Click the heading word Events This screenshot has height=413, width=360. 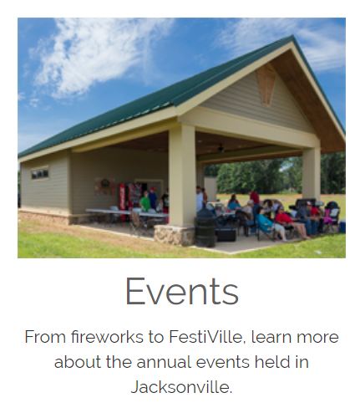[182, 291]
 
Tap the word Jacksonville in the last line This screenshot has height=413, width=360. [181, 387]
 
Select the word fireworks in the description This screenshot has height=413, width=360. [107, 337]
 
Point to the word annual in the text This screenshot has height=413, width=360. [164, 362]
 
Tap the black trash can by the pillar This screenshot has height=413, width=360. [205, 227]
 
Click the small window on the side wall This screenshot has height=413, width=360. [40, 173]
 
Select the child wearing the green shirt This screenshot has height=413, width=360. [145, 201]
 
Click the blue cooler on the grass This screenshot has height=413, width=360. [342, 226]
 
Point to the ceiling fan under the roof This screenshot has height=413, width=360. [221, 149]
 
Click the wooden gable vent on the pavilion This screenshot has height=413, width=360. [266, 84]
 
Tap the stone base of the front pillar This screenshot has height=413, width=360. [175, 235]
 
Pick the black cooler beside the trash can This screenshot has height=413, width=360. [226, 234]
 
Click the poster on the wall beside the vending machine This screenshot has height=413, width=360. [104, 186]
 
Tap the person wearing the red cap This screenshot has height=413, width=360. [152, 197]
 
